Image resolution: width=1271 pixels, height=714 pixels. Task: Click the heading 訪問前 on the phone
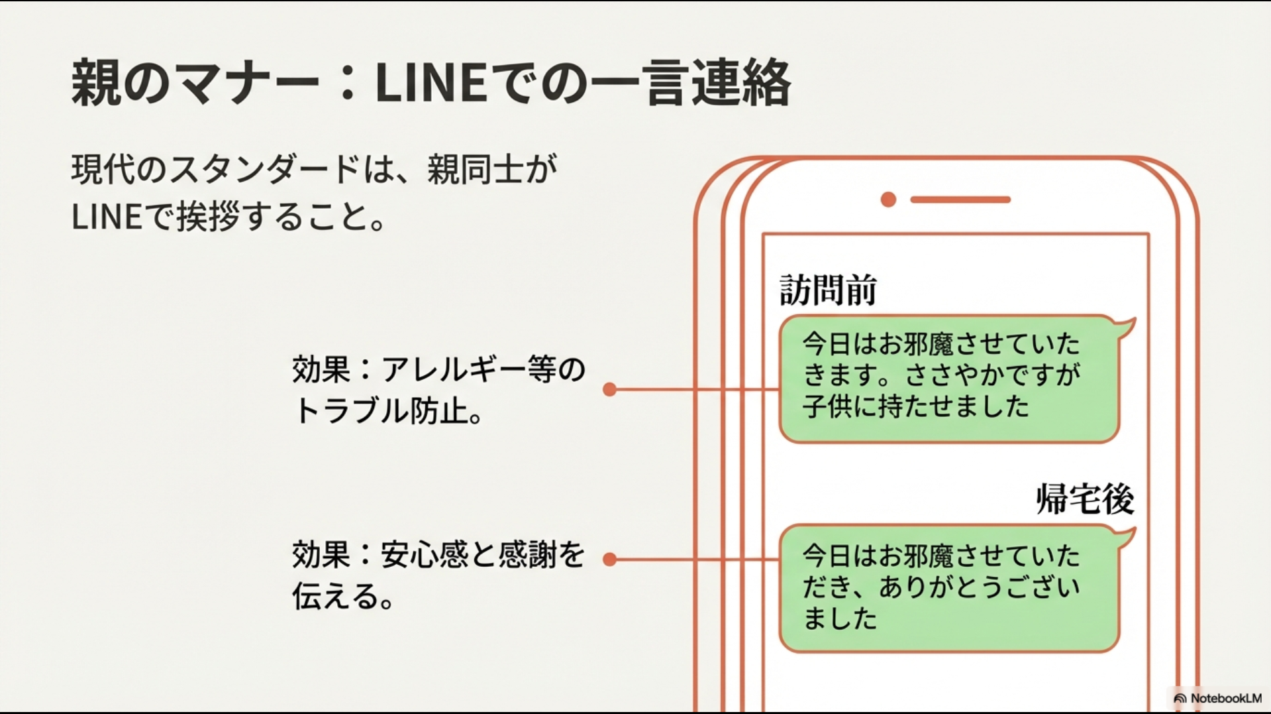click(828, 290)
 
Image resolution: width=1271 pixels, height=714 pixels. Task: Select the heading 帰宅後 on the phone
click(1084, 499)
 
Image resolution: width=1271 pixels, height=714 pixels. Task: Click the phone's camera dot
click(888, 200)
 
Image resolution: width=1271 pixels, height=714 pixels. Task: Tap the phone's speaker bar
click(960, 200)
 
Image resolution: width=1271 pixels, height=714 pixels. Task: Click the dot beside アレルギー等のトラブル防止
click(610, 390)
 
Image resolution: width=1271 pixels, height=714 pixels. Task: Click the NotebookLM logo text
click(1225, 698)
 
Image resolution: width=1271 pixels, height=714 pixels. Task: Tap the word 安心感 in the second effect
click(424, 555)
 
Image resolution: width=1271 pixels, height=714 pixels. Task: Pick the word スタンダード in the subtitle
click(265, 170)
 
